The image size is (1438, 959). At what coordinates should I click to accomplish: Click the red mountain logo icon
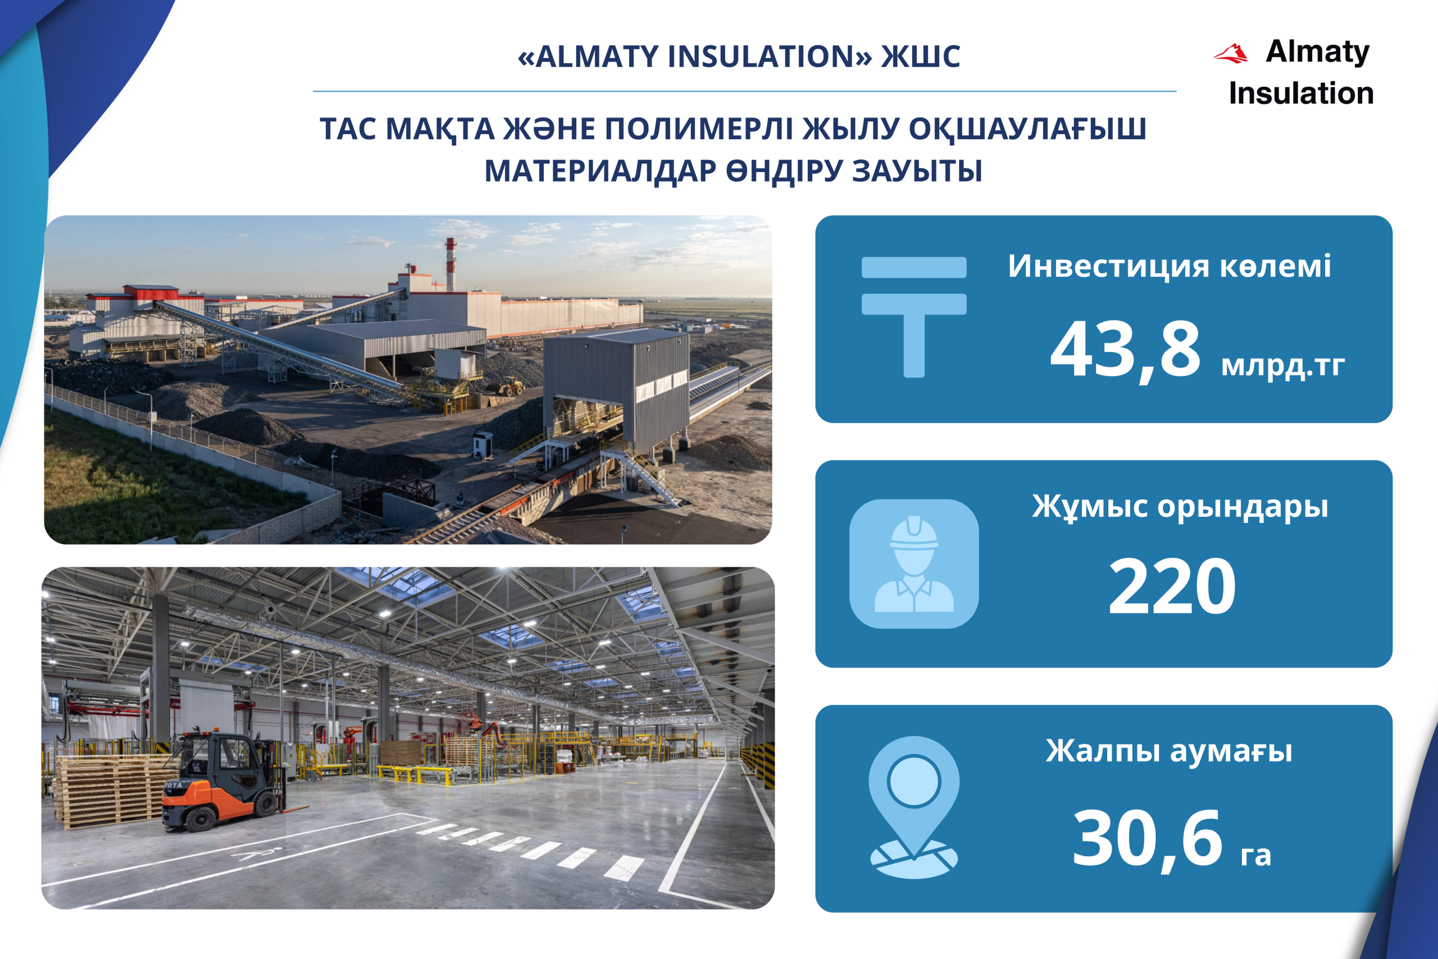[x=1230, y=54]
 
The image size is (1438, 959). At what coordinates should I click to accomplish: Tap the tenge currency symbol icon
[x=914, y=317]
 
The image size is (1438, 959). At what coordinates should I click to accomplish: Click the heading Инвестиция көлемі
[x=1169, y=266]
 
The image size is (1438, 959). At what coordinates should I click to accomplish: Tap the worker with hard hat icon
[x=914, y=564]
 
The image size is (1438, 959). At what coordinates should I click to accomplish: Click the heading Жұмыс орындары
[x=1180, y=507]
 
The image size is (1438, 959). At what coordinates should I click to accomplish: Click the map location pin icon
[x=914, y=807]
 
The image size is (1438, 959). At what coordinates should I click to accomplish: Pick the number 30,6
[x=1148, y=840]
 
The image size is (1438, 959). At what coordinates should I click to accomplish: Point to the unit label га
[x=1256, y=856]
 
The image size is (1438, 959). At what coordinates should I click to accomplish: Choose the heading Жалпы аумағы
[x=1169, y=752]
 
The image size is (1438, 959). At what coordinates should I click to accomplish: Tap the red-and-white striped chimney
[x=450, y=264]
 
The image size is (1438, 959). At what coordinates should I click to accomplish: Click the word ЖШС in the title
[x=921, y=56]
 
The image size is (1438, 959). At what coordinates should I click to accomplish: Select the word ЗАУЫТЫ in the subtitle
[x=917, y=171]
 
